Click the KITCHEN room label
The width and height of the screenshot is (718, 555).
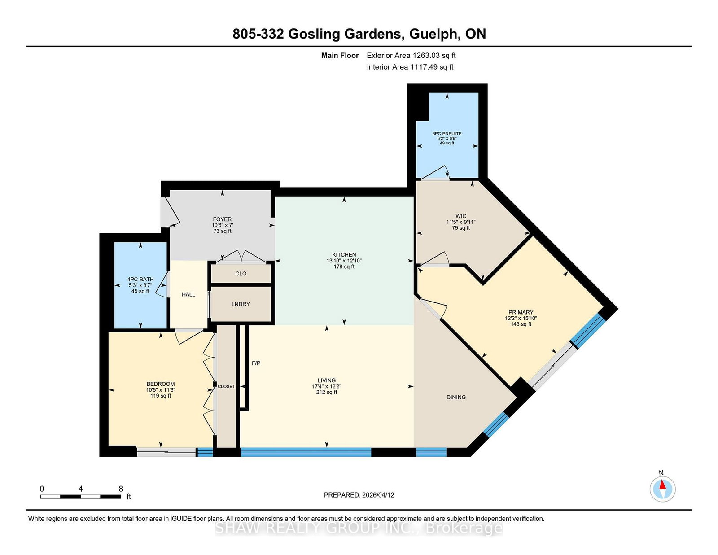tap(344, 254)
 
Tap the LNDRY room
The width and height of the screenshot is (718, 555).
tap(241, 304)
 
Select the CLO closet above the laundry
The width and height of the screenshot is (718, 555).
tap(241, 273)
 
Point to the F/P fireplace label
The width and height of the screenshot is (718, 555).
tap(256, 363)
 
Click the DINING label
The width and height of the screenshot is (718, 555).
tap(456, 397)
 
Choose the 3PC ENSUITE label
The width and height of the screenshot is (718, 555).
tap(447, 134)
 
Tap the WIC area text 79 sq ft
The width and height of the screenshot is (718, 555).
tap(461, 228)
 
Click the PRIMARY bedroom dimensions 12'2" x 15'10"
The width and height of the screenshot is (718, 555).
tap(521, 318)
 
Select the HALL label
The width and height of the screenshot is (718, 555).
tap(188, 294)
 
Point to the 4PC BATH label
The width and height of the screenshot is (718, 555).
tap(140, 279)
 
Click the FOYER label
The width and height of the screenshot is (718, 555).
tap(222, 219)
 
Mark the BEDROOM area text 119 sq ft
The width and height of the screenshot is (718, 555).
tap(160, 396)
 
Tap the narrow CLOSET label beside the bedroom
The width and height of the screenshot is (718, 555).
tap(226, 386)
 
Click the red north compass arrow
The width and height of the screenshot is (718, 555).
tap(662, 485)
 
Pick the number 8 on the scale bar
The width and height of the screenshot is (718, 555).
tap(121, 489)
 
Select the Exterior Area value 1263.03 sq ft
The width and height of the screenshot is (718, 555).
tap(434, 56)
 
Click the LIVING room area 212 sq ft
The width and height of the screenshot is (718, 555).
tap(326, 392)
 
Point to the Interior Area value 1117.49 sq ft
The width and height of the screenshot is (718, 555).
tap(432, 67)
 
